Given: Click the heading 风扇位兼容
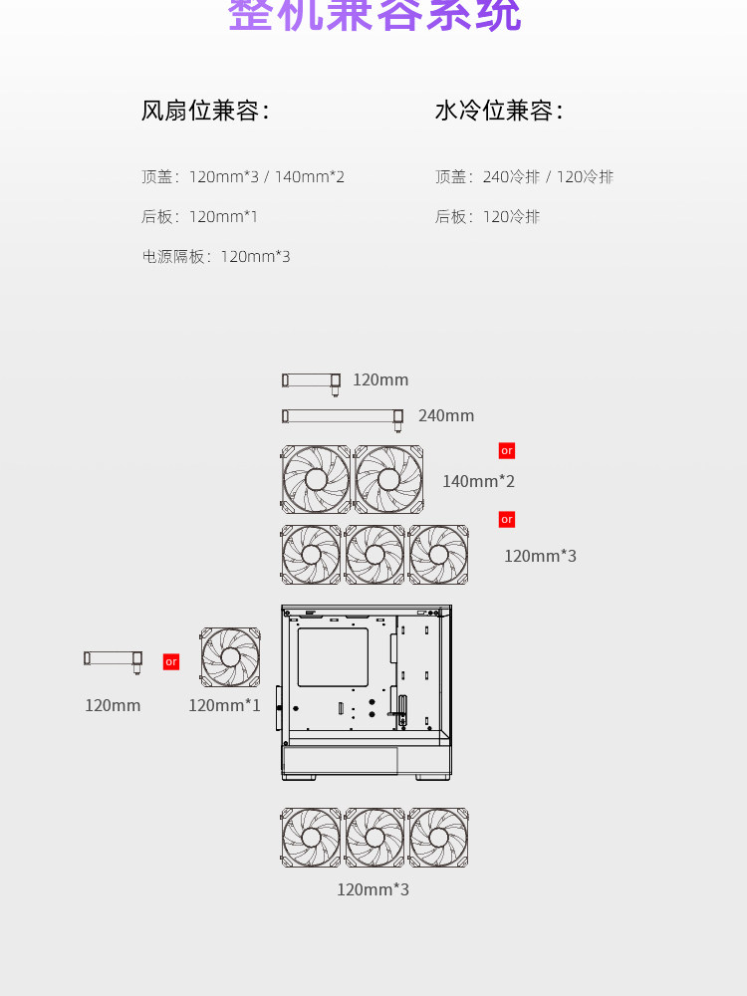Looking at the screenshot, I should (205, 111).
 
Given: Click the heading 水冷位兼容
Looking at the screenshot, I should (499, 111).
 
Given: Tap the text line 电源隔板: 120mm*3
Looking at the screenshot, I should (216, 257).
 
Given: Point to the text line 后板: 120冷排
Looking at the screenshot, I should (488, 217).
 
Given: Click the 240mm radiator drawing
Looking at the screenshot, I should (343, 416).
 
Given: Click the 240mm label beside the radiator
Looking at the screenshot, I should (446, 416).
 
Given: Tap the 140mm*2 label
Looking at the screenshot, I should (479, 482).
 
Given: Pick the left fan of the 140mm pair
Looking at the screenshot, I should (316, 480).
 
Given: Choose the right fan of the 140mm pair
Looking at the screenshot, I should (388, 480).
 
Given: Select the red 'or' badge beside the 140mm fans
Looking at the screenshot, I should (507, 451).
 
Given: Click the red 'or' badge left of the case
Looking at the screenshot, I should (171, 661).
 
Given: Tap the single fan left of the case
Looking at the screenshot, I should (231, 657).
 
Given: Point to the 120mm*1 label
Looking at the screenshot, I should (224, 706).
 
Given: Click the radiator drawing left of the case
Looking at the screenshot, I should (113, 658).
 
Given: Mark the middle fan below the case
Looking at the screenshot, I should (374, 838).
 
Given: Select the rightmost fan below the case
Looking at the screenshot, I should (438, 838).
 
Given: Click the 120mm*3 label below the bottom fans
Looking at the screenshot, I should (373, 890).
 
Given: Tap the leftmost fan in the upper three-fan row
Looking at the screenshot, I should (311, 555).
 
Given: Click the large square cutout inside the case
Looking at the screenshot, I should (333, 656).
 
